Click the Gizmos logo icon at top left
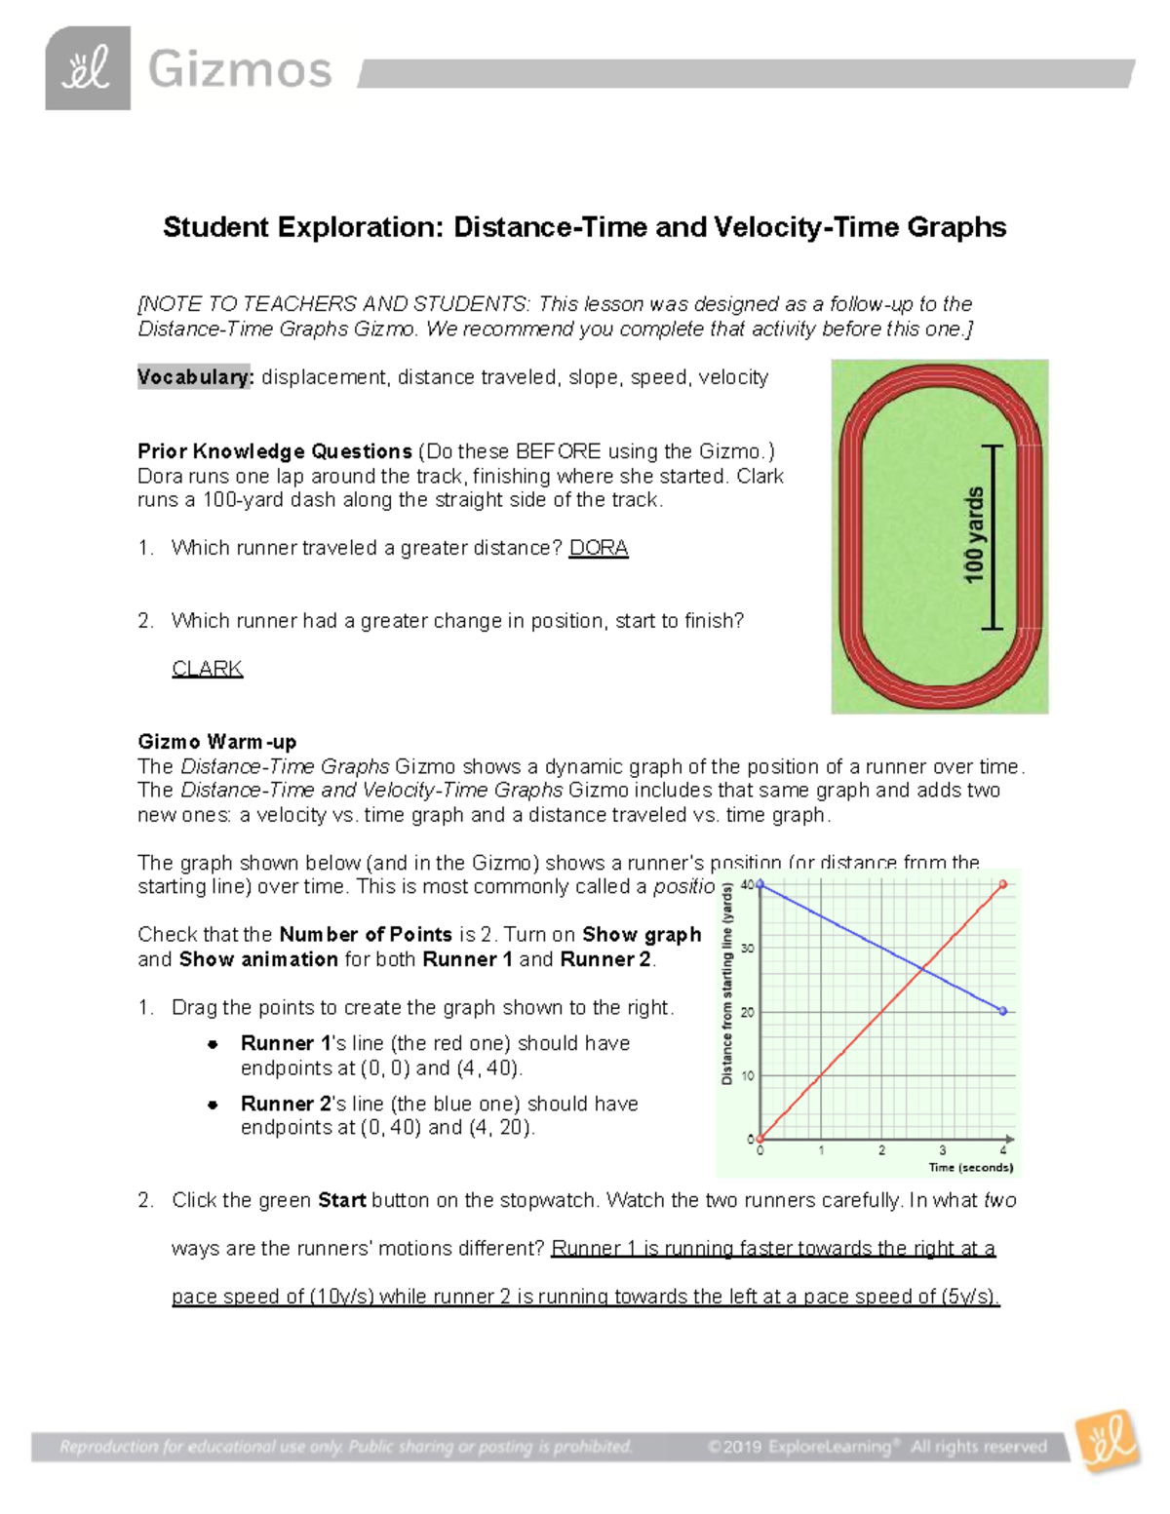(x=88, y=68)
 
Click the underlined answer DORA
(x=598, y=548)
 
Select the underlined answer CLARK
(x=207, y=669)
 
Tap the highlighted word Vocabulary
(x=194, y=377)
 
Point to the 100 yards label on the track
(x=974, y=536)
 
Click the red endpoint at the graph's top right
(x=1003, y=885)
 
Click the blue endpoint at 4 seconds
(x=1003, y=1011)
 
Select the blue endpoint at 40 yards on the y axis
(x=760, y=884)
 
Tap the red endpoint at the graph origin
(x=760, y=1138)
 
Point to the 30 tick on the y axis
(x=748, y=949)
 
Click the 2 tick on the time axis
(x=881, y=1151)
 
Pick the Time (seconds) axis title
(x=970, y=1167)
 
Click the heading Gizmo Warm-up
(x=216, y=742)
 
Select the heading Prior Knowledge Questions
(x=274, y=451)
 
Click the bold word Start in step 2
(x=341, y=1200)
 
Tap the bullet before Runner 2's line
(x=212, y=1105)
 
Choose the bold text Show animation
(x=258, y=959)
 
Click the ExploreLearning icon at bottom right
(x=1109, y=1440)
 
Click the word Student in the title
(x=215, y=227)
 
